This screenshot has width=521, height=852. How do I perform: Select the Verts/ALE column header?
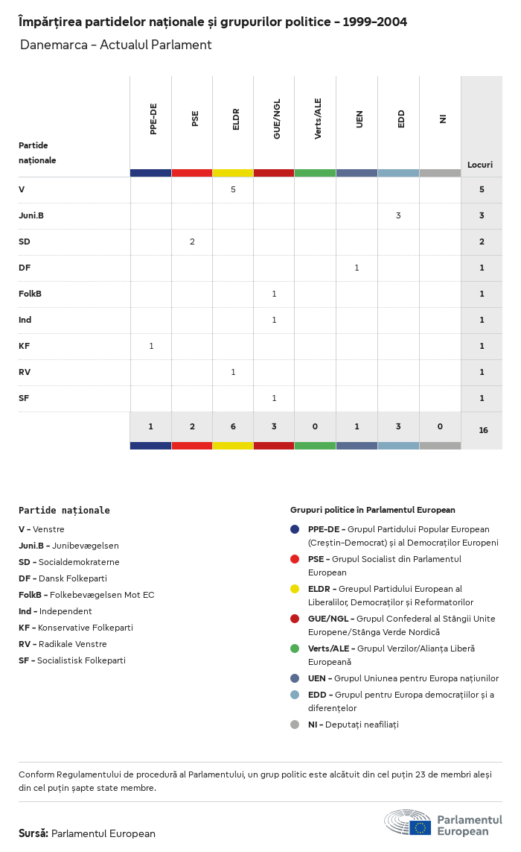pyautogui.click(x=318, y=119)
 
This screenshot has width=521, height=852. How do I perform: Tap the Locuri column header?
pyautogui.click(x=480, y=165)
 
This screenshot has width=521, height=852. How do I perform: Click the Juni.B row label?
pyautogui.click(x=31, y=215)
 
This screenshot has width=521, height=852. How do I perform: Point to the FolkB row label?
pyautogui.click(x=30, y=294)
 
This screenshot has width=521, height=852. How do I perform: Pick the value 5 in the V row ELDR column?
pyautogui.click(x=233, y=189)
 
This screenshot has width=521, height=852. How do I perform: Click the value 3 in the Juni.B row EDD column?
pyautogui.click(x=398, y=215)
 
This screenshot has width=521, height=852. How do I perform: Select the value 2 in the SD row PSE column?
pyautogui.click(x=192, y=242)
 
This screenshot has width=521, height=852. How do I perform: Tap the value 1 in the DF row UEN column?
pyautogui.click(x=357, y=268)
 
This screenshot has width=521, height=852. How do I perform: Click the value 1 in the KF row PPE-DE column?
pyautogui.click(x=151, y=346)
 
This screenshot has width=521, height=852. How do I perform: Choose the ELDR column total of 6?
pyautogui.click(x=233, y=426)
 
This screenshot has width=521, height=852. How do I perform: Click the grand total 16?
pyautogui.click(x=483, y=430)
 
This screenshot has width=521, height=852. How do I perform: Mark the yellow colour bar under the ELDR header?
pyautogui.click(x=233, y=173)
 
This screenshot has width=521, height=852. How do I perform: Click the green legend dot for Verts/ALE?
pyautogui.click(x=295, y=649)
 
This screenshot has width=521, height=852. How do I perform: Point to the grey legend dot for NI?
pyautogui.click(x=295, y=725)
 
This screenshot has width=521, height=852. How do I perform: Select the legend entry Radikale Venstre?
pyautogui.click(x=63, y=644)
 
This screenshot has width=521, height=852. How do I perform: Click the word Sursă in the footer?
pyautogui.click(x=33, y=833)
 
